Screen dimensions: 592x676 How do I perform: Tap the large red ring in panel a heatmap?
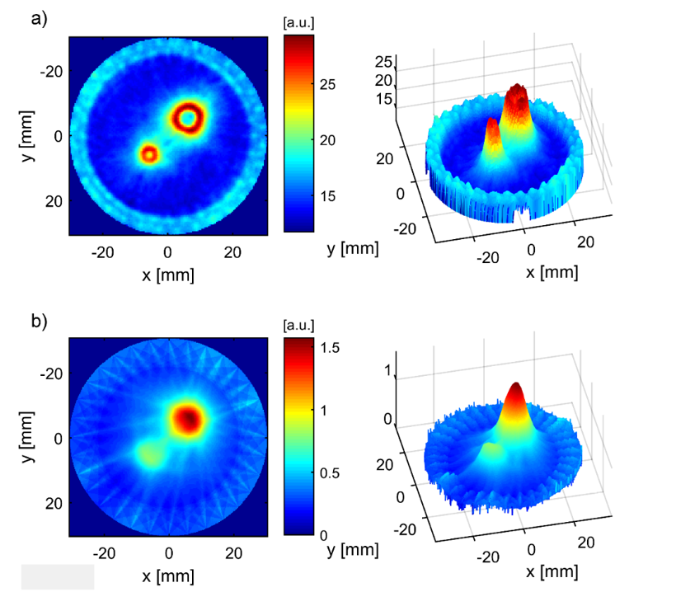pyautogui.click(x=188, y=118)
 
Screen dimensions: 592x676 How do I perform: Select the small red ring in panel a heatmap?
pyautogui.click(x=148, y=153)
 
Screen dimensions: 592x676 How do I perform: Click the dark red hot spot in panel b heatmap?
pyautogui.click(x=189, y=419)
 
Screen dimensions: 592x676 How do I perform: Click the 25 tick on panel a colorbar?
pyautogui.click(x=326, y=85)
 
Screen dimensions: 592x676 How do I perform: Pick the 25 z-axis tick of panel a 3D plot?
pyautogui.click(x=383, y=63)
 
